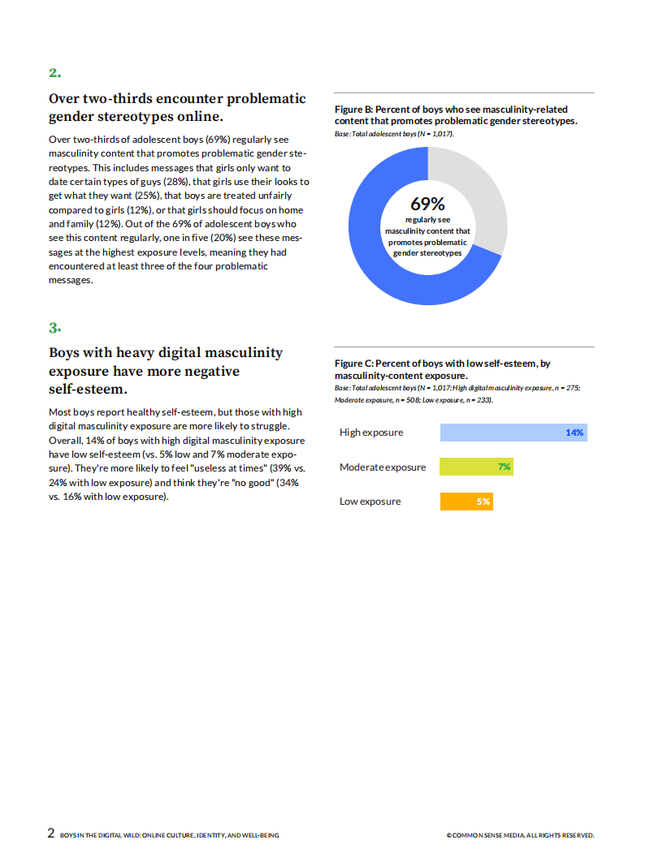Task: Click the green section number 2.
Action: point(54,73)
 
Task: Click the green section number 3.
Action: point(54,328)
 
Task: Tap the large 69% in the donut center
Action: point(427,205)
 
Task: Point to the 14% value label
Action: point(574,433)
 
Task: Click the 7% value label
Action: point(504,467)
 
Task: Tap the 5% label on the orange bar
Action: point(483,502)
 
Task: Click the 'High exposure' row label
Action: point(371,433)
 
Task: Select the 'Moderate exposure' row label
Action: point(383,467)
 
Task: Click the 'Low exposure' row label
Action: point(370,502)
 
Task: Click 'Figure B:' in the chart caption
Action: point(353,110)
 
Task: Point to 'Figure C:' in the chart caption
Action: point(353,364)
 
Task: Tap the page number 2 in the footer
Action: point(51,833)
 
